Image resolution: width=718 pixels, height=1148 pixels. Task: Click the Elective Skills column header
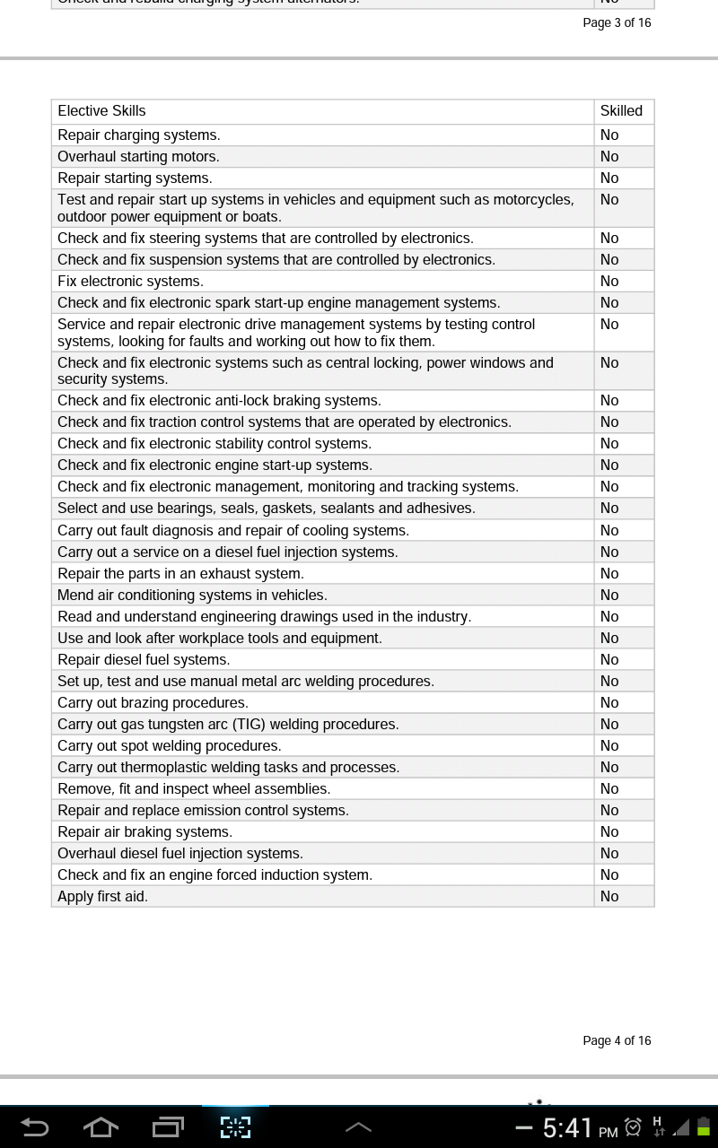[x=101, y=111]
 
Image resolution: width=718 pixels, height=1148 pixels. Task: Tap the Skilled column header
[x=621, y=111]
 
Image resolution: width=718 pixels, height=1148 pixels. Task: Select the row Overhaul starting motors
[x=138, y=157]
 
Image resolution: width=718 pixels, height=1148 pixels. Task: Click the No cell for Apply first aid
[x=609, y=897]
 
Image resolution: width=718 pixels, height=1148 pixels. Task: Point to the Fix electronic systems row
[x=130, y=282]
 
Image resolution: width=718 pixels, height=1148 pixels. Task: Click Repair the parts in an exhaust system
[x=180, y=574]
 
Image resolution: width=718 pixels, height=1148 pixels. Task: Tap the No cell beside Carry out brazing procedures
[x=609, y=703]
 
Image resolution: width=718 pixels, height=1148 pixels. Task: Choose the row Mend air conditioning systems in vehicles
[x=192, y=596]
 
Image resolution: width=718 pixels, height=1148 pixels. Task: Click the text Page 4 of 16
[x=617, y=1040]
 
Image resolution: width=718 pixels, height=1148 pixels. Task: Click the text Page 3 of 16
[x=617, y=22]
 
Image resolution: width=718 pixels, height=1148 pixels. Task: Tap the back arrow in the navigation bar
[x=34, y=1126]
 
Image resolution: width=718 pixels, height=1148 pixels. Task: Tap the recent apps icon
[x=168, y=1126]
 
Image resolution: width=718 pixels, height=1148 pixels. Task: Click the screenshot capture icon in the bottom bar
[x=235, y=1126]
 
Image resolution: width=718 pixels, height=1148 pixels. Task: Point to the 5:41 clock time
[x=567, y=1127]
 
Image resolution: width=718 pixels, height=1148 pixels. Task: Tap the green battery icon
[x=704, y=1127]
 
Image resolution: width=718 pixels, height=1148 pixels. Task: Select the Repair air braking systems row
[x=144, y=832]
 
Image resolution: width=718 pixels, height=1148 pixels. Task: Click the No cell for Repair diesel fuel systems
[x=609, y=660]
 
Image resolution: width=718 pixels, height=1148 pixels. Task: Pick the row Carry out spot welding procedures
[x=169, y=746]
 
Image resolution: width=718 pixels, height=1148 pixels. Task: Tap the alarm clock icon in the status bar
[x=633, y=1127]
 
